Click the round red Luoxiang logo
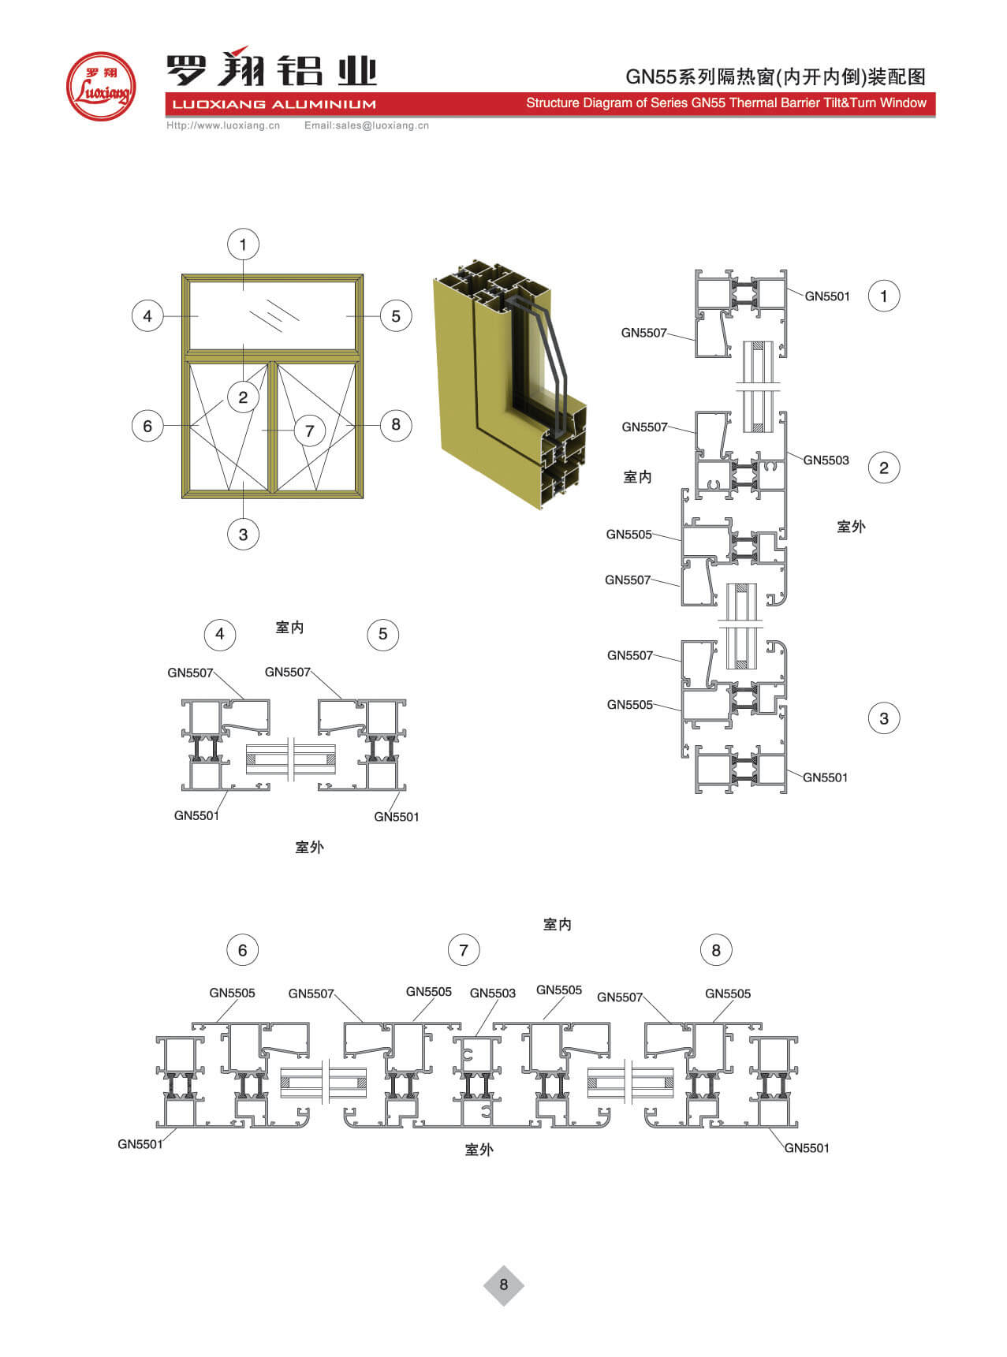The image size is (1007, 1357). (101, 86)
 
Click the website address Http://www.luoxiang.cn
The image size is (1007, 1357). (223, 125)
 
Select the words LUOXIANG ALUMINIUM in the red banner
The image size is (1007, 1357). (274, 104)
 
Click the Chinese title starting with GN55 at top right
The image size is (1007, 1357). (776, 76)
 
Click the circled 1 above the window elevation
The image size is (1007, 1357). (243, 244)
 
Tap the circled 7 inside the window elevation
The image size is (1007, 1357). (309, 431)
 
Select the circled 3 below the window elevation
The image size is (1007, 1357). (243, 535)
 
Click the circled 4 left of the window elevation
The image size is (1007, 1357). (147, 316)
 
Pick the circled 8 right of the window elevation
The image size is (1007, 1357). (396, 425)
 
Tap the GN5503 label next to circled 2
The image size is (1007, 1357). (826, 460)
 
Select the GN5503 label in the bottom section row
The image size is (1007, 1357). (492, 993)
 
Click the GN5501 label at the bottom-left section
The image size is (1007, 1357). (140, 1144)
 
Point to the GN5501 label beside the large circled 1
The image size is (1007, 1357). (827, 296)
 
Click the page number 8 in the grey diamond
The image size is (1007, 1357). (504, 1285)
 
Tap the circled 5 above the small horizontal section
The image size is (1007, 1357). (383, 634)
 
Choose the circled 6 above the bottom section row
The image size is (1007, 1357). (242, 950)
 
